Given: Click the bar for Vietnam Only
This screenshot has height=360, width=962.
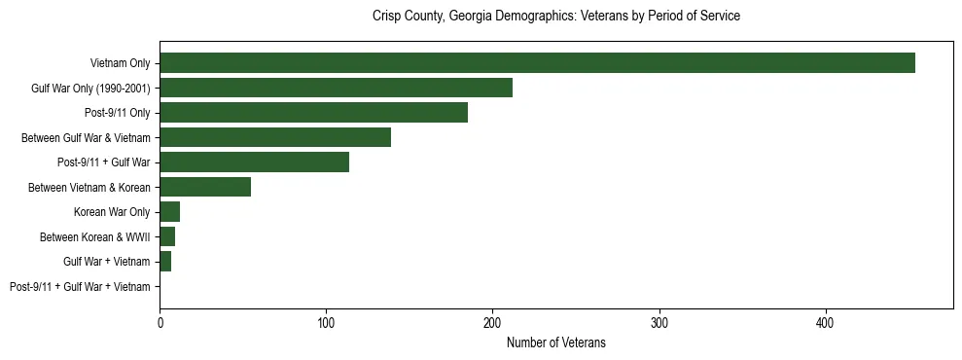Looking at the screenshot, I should click(x=537, y=63).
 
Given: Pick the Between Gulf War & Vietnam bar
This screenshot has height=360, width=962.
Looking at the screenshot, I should click(x=275, y=137).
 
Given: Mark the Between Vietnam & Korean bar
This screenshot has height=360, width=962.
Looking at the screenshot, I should click(x=205, y=187).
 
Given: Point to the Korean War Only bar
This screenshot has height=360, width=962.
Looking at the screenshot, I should click(x=169, y=212).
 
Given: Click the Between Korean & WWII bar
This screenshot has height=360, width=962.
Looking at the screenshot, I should click(x=167, y=236).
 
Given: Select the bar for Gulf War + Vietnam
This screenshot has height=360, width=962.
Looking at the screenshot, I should click(x=165, y=262).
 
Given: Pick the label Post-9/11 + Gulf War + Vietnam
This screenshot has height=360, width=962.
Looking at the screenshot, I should click(x=80, y=287).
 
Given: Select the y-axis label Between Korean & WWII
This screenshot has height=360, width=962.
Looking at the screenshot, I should click(x=94, y=236).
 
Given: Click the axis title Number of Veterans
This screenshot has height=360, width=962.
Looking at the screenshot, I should click(x=555, y=342).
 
